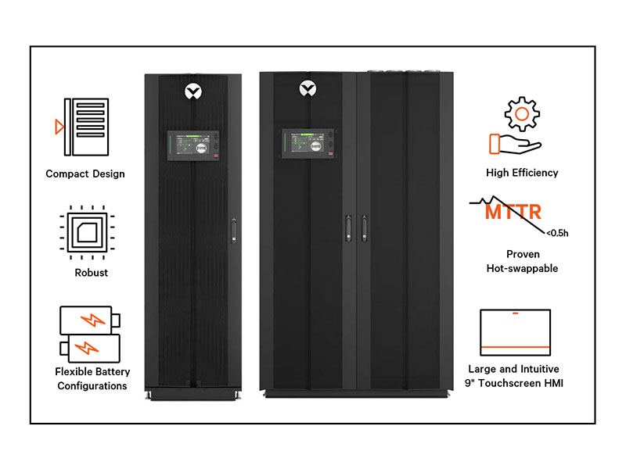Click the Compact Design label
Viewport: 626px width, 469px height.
[85, 174]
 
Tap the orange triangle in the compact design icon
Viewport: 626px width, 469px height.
[59, 126]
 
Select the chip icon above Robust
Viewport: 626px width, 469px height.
[85, 232]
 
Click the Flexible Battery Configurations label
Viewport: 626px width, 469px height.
[92, 379]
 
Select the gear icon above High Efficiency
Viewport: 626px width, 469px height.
[521, 114]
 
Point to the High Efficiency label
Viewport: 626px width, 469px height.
[522, 173]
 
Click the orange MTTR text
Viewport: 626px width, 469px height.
[513, 212]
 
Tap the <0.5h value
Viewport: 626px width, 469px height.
[558, 233]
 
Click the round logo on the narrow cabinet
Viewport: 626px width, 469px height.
[192, 91]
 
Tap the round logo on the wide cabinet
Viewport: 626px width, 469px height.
[308, 91]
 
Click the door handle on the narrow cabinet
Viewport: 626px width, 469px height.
[232, 233]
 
